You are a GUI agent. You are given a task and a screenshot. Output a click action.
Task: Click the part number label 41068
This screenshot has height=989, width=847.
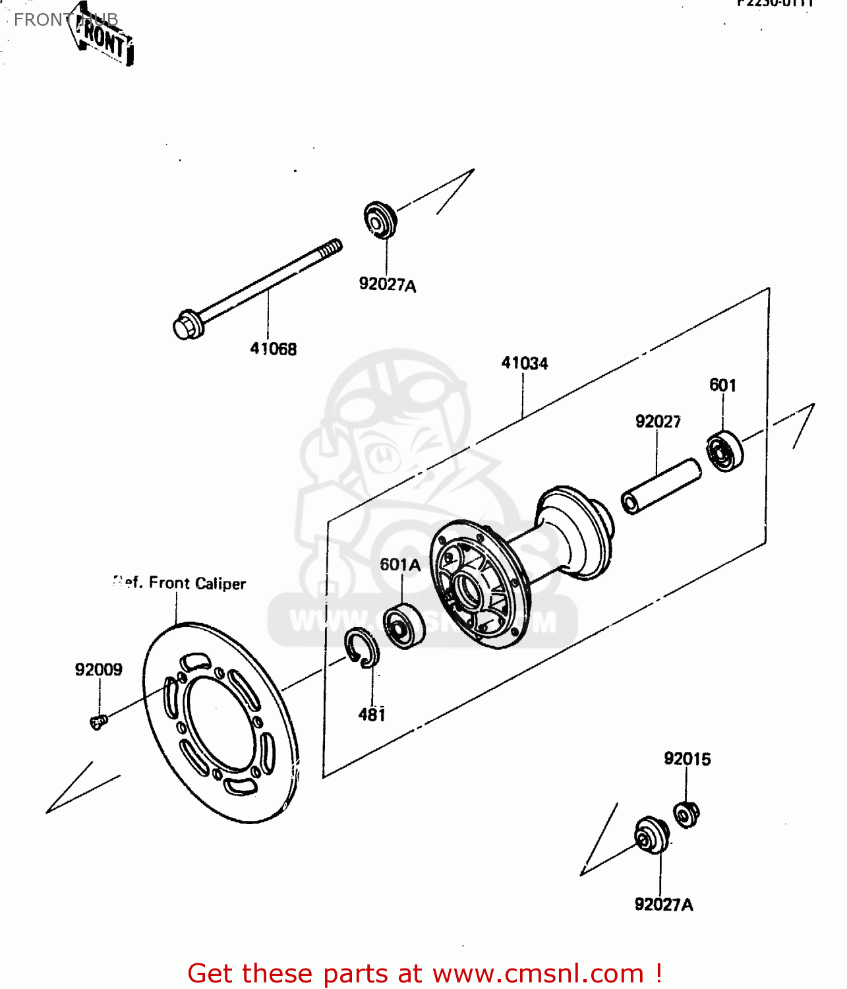tap(273, 349)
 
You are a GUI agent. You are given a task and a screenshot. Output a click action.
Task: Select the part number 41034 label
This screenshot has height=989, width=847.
tap(524, 363)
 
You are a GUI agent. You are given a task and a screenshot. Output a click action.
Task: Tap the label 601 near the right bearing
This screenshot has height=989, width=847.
tap(722, 385)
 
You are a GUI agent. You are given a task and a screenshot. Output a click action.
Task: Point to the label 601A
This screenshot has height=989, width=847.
tap(399, 564)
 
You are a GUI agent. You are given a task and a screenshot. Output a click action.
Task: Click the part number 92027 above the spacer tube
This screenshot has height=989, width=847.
tap(657, 421)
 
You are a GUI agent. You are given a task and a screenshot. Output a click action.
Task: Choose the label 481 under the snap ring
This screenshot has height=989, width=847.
tap(372, 715)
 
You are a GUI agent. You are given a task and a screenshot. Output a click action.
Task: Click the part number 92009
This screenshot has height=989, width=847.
tap(98, 670)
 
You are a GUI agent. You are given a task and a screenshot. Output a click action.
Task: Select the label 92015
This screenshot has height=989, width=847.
tap(687, 759)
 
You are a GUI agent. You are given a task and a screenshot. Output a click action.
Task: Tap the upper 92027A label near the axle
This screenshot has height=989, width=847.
tap(387, 285)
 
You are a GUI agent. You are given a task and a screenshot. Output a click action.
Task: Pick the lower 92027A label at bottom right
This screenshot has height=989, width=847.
tap(663, 905)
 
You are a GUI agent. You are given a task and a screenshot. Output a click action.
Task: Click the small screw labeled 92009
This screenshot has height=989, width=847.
tap(98, 723)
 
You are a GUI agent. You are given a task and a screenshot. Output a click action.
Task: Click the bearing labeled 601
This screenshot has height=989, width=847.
tap(724, 451)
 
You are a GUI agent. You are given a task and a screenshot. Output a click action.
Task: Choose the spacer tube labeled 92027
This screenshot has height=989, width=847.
tap(661, 487)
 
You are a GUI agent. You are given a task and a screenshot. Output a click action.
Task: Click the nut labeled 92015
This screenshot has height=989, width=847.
tap(686, 816)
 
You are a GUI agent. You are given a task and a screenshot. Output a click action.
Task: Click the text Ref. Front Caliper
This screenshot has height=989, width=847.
tap(179, 584)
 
